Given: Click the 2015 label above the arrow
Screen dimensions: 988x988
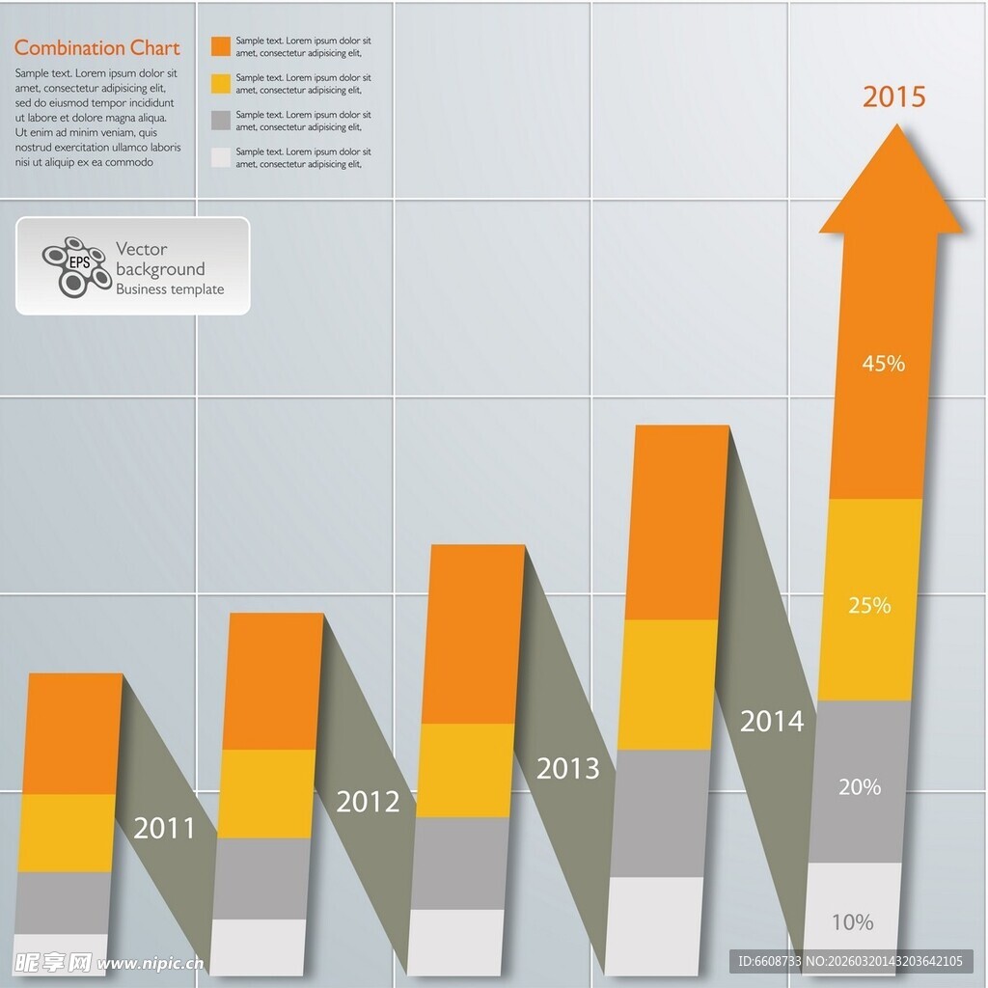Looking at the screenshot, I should [x=893, y=96].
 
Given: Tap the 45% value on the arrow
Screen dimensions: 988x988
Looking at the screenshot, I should [x=883, y=364].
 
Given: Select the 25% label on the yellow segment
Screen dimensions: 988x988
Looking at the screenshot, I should [x=869, y=606].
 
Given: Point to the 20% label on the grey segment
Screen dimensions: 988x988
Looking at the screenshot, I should [x=860, y=787].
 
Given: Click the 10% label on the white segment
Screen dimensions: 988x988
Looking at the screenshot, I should [x=852, y=922].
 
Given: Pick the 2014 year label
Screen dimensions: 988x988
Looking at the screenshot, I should [x=771, y=721].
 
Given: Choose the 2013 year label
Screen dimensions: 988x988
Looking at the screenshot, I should [x=568, y=769].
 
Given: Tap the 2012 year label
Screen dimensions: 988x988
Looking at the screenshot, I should [x=368, y=802].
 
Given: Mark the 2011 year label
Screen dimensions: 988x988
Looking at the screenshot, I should [x=164, y=828].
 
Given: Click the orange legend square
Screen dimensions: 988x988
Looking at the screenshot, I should [x=221, y=46].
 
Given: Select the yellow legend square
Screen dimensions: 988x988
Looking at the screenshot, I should [x=221, y=84].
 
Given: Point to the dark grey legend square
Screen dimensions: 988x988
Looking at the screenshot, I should [x=221, y=121].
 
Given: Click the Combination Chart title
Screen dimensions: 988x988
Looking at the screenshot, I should [x=97, y=48].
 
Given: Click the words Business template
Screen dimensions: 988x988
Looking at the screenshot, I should [x=170, y=289].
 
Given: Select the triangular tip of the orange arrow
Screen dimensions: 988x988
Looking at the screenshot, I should [x=892, y=183].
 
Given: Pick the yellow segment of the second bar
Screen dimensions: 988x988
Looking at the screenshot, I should [x=267, y=793].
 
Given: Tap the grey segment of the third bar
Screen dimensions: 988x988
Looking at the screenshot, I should [x=460, y=863].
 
